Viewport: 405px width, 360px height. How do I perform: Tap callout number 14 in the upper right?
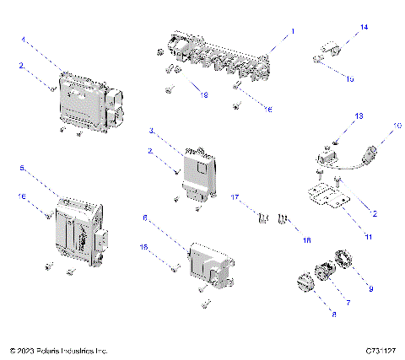[x=364, y=28]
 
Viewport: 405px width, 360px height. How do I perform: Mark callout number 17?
[x=238, y=199]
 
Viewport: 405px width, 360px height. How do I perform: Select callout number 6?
[x=145, y=218]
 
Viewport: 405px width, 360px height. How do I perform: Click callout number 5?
[x=23, y=168]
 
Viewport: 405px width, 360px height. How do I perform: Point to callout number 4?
[x=24, y=39]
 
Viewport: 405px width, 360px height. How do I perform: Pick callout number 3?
[x=151, y=132]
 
